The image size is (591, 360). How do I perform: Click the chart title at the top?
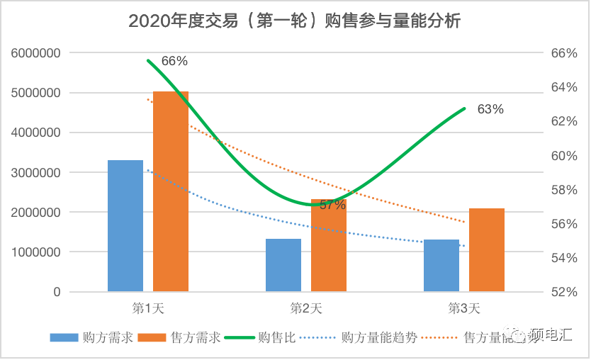[x=295, y=21]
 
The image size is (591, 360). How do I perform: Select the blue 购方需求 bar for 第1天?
[x=125, y=225]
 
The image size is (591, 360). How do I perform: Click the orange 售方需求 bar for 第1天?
[x=171, y=191]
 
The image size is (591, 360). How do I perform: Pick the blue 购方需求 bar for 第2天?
[x=283, y=265]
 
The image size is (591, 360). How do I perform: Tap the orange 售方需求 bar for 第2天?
[x=329, y=245]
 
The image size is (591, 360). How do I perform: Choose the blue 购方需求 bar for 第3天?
[x=441, y=266]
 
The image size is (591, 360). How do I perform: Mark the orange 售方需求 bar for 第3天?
[x=487, y=250]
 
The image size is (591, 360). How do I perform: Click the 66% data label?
[x=174, y=61]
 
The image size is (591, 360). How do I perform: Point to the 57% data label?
[x=332, y=205]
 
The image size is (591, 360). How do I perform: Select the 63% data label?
[x=490, y=109]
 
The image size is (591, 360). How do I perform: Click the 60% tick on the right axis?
[x=555, y=155]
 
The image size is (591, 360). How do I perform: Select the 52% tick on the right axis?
[x=555, y=292]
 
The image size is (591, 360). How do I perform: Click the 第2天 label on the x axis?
[x=306, y=308]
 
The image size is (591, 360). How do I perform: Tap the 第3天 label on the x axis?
[x=464, y=308]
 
